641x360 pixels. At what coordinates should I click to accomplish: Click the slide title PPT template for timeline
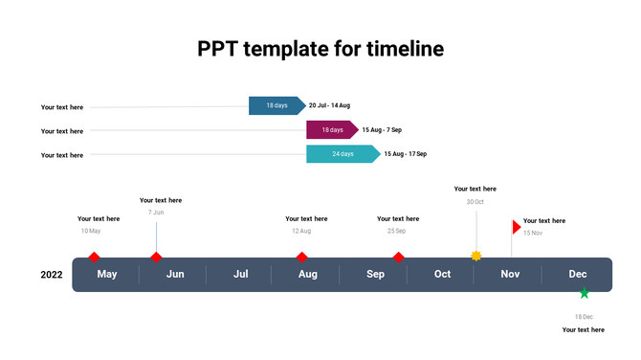click(x=320, y=48)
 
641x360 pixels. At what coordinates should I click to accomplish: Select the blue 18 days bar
click(x=276, y=105)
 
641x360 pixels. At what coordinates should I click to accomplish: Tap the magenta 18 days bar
click(x=331, y=129)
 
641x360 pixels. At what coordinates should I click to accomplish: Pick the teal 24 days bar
click(x=343, y=154)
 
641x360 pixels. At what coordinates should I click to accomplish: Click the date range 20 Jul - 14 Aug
click(x=329, y=105)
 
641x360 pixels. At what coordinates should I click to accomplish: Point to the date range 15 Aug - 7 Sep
click(x=382, y=129)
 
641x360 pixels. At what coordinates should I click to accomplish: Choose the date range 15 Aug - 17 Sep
click(x=405, y=154)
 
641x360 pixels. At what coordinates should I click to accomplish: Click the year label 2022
click(x=52, y=275)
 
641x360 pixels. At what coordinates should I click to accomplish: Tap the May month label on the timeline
click(x=107, y=275)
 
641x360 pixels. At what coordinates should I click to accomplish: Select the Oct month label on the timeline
click(x=442, y=275)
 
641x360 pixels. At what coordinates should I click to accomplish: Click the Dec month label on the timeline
click(x=578, y=275)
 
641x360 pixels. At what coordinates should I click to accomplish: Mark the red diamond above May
click(x=94, y=257)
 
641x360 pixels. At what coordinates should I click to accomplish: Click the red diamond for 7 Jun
click(x=156, y=257)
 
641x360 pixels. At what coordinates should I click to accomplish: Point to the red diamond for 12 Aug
click(x=301, y=257)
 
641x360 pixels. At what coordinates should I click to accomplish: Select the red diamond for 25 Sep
click(x=398, y=257)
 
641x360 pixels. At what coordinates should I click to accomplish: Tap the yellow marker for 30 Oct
click(x=476, y=256)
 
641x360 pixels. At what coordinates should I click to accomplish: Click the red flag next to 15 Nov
click(x=517, y=227)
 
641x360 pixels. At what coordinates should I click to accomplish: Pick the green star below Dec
click(x=584, y=293)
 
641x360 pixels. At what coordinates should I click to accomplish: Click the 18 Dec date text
click(x=584, y=316)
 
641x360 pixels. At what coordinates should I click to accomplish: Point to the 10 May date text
click(x=90, y=231)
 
